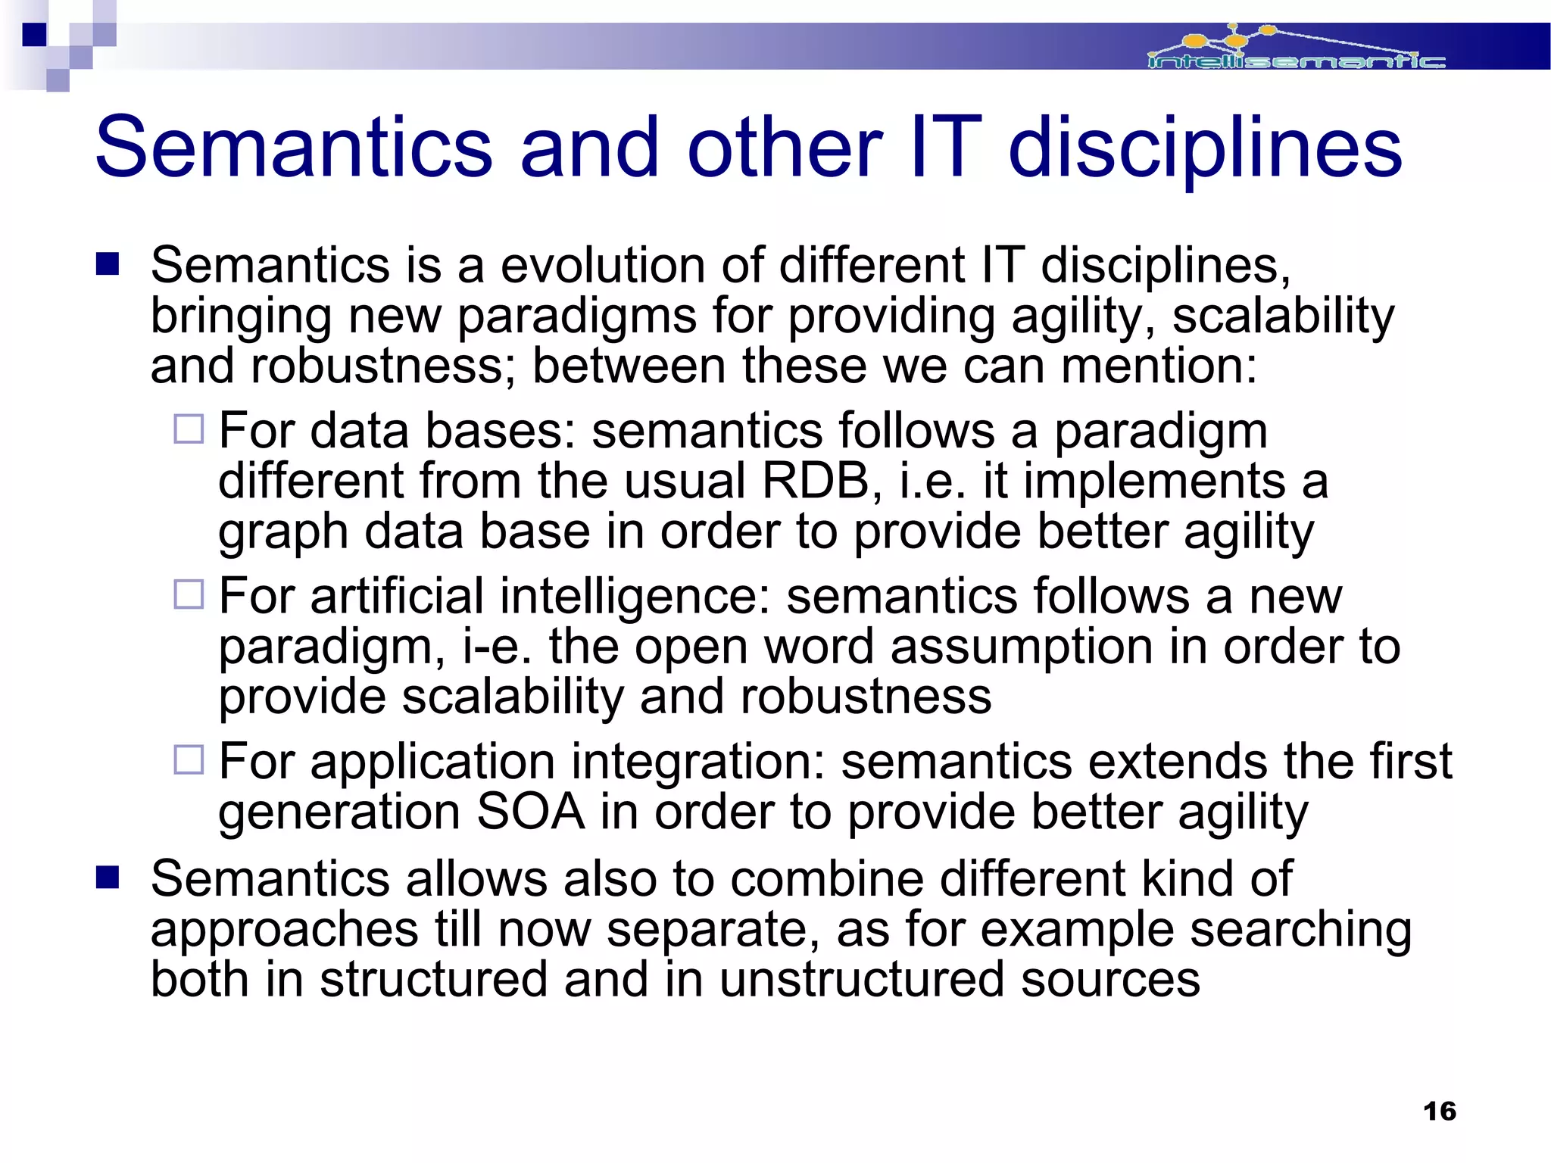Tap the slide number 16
pos(1439,1111)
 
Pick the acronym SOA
pos(530,812)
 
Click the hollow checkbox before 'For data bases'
pos(189,429)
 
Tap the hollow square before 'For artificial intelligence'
pos(189,594)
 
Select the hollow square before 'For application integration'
pos(189,759)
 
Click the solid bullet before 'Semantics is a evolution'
pos(108,264)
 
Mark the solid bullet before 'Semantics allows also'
pos(108,878)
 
